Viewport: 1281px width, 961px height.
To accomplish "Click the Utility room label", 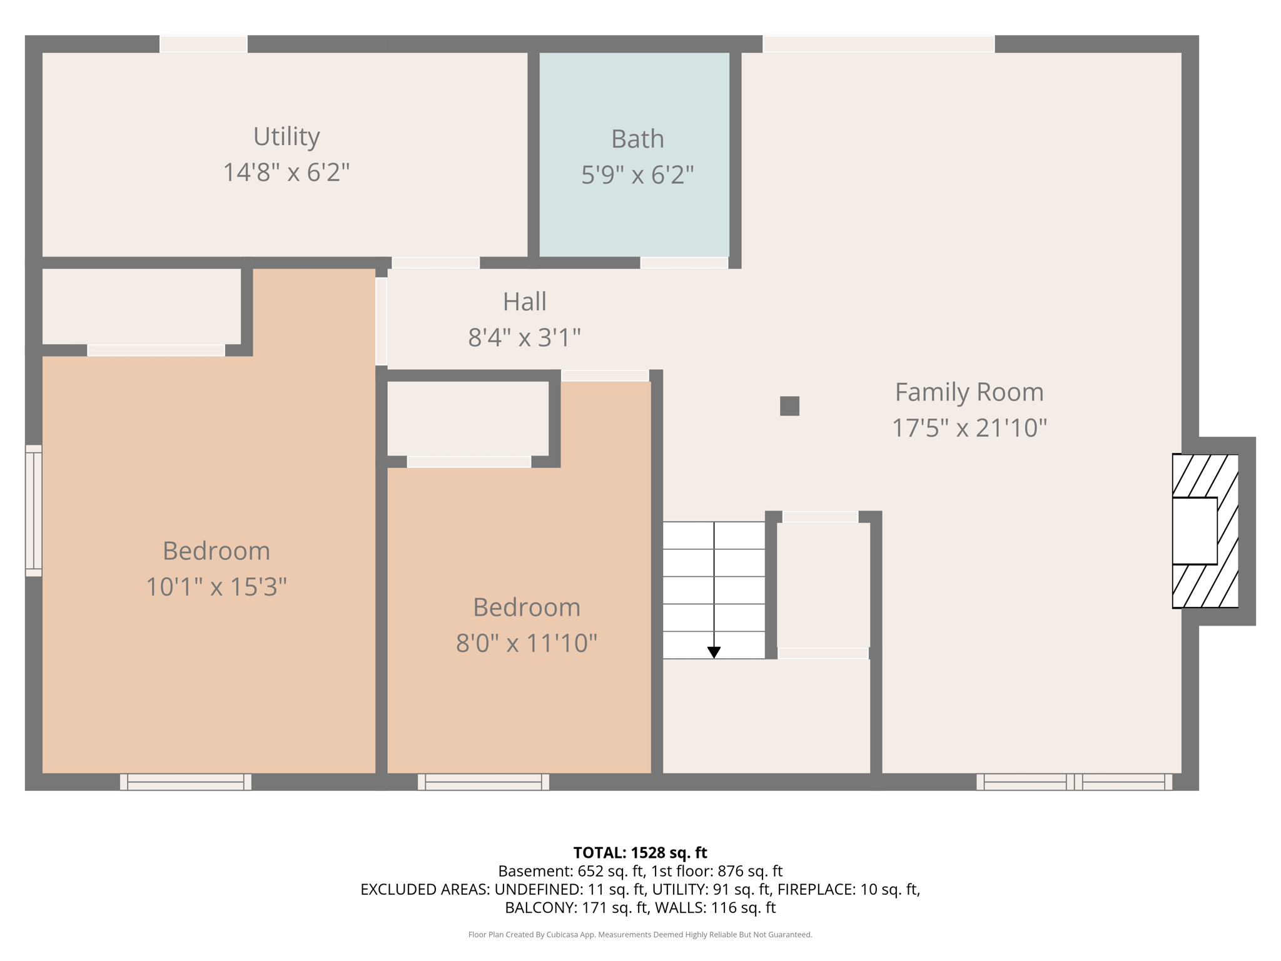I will [286, 136].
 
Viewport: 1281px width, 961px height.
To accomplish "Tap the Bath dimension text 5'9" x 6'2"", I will [637, 175].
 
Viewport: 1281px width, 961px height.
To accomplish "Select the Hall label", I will [524, 302].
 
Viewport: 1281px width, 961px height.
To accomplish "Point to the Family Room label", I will [969, 392].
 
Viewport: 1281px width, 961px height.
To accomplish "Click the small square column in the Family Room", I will [789, 406].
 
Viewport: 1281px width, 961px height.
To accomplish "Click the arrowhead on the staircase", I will [714, 652].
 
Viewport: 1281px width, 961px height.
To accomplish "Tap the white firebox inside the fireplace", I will [1194, 531].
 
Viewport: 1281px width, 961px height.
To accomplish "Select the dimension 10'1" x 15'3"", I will [216, 587].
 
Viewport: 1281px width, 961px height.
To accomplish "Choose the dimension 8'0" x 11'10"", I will [526, 643].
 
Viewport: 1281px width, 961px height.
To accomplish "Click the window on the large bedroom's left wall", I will [34, 511].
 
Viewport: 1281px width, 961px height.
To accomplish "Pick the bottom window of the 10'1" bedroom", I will [185, 781].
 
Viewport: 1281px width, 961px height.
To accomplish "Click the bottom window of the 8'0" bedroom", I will [483, 781].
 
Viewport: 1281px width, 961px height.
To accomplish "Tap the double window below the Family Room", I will [1074, 781].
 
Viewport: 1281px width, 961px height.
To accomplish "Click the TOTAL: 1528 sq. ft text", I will [640, 853].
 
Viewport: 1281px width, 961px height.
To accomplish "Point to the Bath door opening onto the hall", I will [684, 263].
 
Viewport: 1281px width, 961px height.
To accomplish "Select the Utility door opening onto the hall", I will [435, 263].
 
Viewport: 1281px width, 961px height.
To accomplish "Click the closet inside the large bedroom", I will [141, 307].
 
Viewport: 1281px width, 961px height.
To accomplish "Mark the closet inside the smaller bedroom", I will [467, 418].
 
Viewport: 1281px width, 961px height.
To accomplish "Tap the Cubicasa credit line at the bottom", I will [640, 935].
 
